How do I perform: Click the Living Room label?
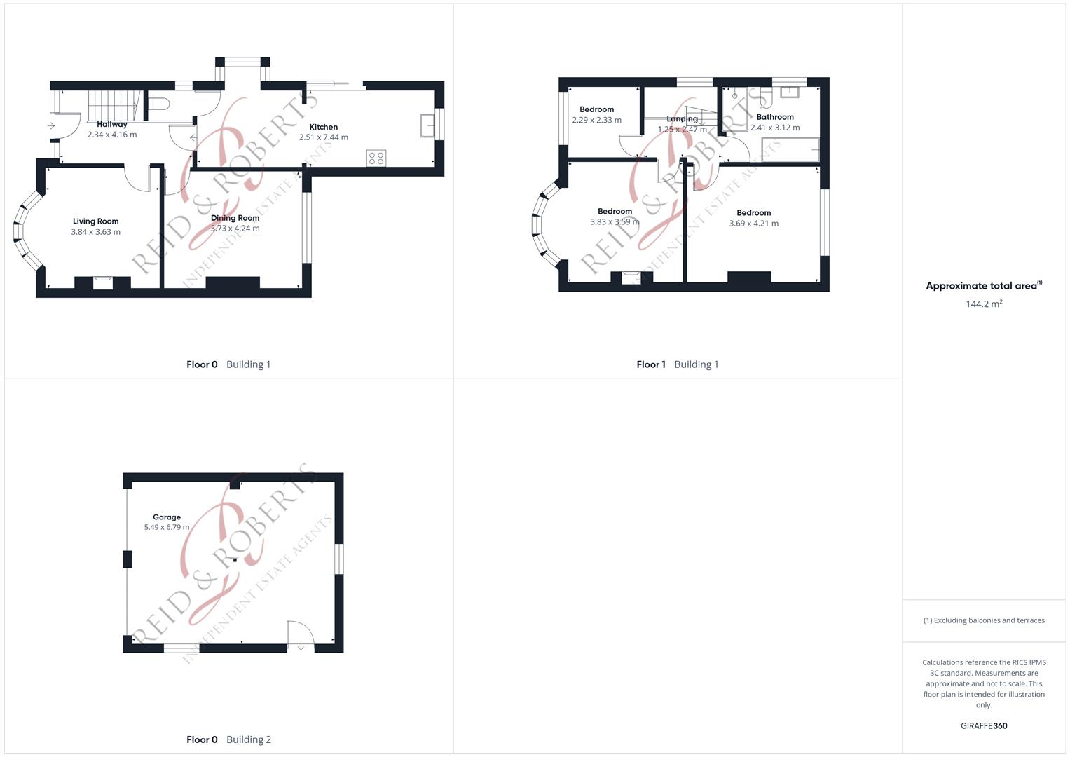tap(95, 221)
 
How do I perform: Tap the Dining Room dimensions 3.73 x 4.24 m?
tap(235, 229)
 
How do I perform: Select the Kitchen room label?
tap(324, 127)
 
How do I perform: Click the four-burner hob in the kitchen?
tap(376, 158)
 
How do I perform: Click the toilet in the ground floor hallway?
tap(159, 104)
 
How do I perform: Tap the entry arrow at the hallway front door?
tap(51, 126)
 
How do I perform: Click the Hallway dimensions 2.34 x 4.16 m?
tap(112, 135)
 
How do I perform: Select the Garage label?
tap(167, 517)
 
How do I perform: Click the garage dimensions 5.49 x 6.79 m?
tap(167, 527)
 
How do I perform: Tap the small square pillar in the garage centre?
tap(235, 560)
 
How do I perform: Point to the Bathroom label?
tap(775, 117)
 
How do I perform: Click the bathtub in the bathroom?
tap(790, 149)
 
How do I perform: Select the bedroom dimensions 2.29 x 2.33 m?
tap(596, 120)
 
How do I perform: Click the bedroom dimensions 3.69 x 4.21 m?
tap(753, 224)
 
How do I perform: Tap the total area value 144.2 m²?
tap(984, 304)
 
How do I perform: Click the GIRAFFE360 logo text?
tap(984, 726)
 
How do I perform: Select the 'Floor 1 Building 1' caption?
tap(677, 364)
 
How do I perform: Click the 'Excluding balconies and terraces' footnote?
tap(984, 620)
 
